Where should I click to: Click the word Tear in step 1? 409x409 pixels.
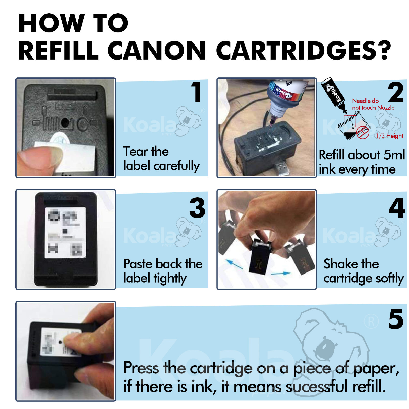[134, 151]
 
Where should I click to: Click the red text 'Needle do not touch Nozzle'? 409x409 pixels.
[373, 104]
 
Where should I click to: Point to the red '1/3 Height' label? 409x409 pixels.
[389, 136]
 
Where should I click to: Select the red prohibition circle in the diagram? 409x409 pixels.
[363, 132]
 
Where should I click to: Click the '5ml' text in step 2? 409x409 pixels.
[394, 155]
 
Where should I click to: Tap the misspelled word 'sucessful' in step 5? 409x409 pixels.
[316, 387]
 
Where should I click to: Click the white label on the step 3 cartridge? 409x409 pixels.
[65, 232]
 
